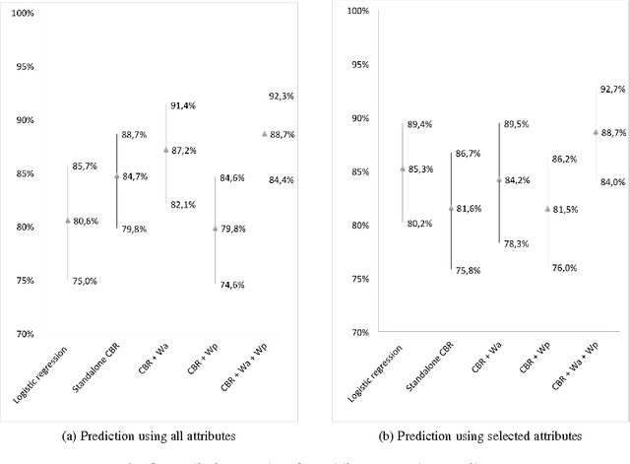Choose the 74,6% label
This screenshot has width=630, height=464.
pyautogui.click(x=232, y=285)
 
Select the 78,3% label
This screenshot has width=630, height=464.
pyautogui.click(x=518, y=243)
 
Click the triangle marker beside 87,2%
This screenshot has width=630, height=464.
pyautogui.click(x=165, y=150)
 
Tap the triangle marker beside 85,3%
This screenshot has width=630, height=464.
pyautogui.click(x=402, y=168)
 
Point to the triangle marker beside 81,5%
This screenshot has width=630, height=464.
pyautogui.click(x=547, y=209)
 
